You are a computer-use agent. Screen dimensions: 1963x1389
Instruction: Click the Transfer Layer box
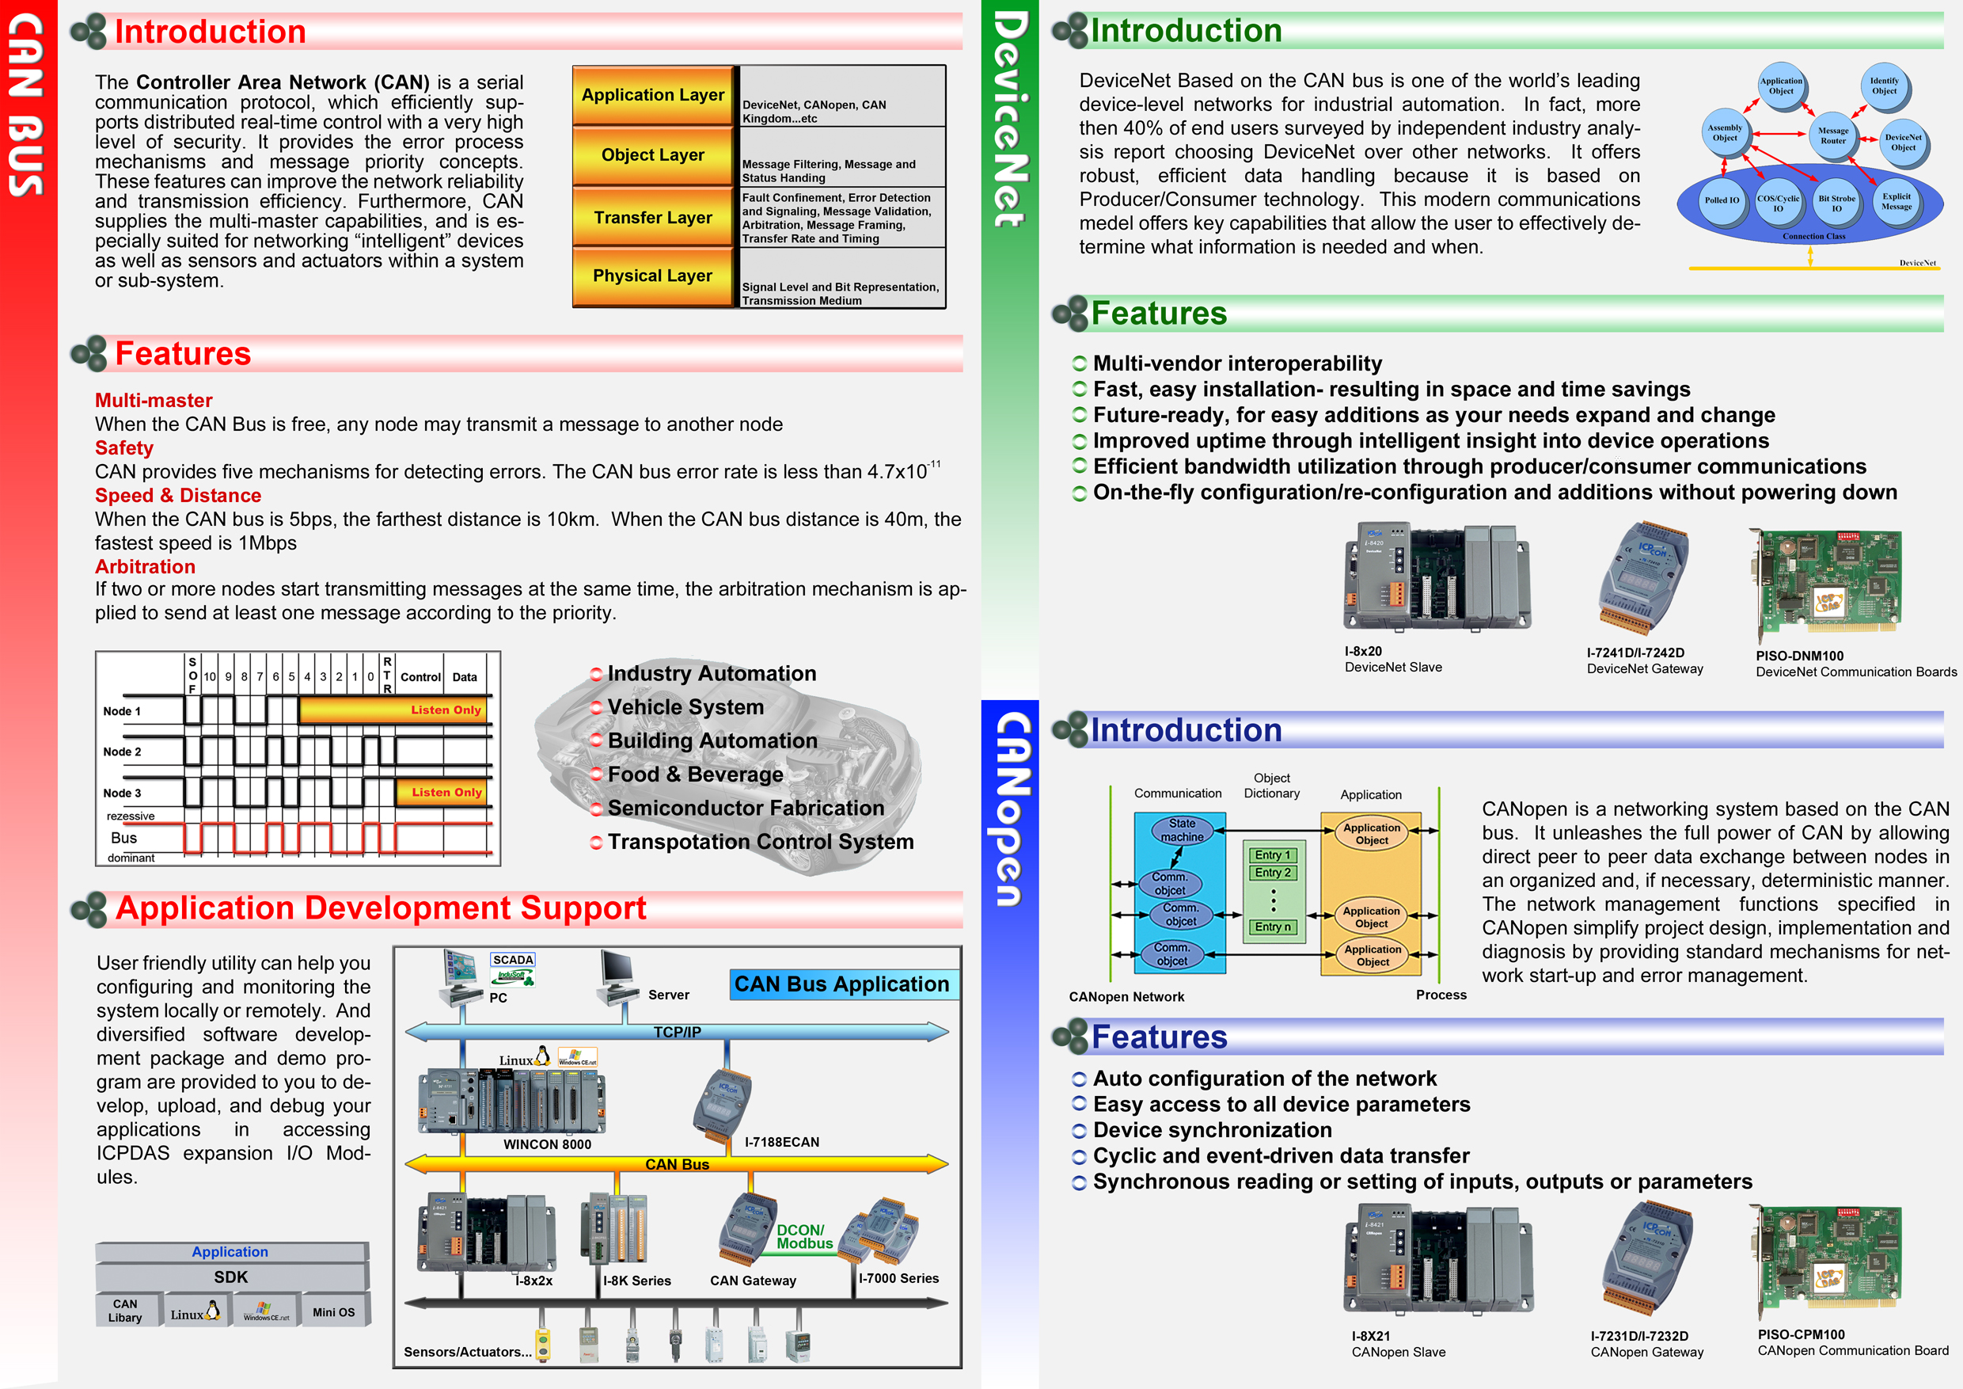[653, 217]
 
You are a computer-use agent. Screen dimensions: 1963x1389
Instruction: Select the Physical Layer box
[653, 276]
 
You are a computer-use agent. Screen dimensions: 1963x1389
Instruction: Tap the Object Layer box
[653, 154]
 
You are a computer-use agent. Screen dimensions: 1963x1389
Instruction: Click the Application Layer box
[653, 95]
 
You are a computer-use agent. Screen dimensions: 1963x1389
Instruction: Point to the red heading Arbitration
[146, 566]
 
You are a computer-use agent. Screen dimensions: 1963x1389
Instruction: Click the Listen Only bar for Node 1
[394, 710]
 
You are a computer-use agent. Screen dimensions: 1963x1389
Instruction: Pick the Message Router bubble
[1833, 135]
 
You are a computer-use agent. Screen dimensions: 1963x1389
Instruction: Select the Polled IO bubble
[1722, 200]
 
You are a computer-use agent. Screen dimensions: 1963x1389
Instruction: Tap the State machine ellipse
[1183, 831]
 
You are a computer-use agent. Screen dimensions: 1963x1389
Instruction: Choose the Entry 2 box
[1273, 873]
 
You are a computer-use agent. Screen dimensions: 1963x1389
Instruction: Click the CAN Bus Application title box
[842, 984]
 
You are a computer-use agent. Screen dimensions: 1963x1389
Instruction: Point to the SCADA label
[513, 960]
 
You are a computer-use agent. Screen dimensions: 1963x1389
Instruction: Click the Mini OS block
[334, 1311]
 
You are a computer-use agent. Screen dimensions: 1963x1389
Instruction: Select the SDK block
[231, 1277]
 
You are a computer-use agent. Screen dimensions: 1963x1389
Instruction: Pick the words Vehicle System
[685, 707]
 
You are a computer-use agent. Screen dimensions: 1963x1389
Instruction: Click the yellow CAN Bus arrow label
[677, 1164]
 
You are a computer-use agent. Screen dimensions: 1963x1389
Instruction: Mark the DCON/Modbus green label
[803, 1237]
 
